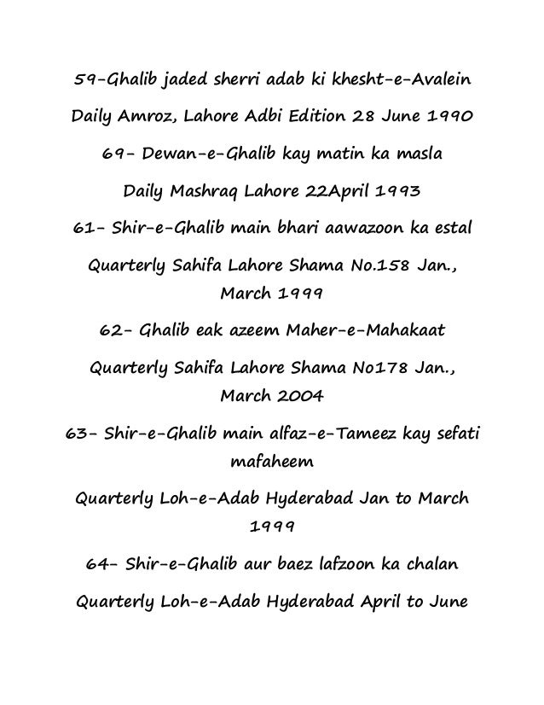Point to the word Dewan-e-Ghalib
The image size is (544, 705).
point(210,156)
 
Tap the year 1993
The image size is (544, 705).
point(396,194)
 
